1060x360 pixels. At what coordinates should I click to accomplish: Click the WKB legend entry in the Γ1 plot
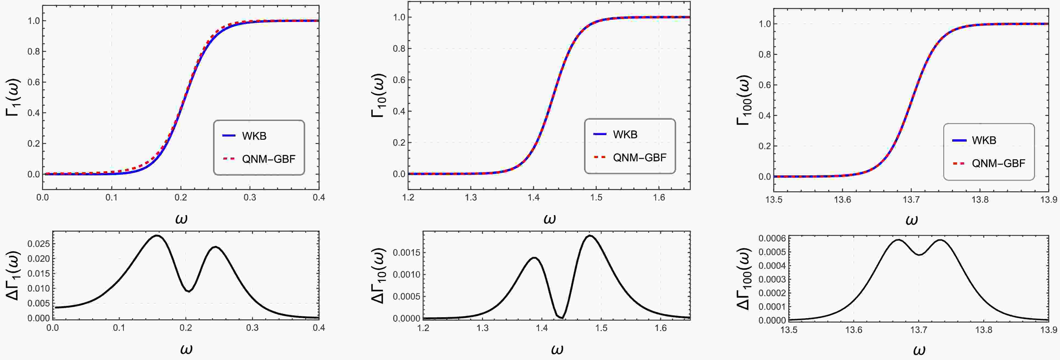click(254, 136)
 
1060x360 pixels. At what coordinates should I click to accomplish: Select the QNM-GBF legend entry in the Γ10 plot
click(639, 157)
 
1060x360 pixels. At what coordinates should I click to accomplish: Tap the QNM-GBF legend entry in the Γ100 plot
click(998, 163)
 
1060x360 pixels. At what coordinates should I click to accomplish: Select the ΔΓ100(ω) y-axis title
click(744, 279)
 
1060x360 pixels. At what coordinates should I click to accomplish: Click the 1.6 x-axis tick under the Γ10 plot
click(659, 198)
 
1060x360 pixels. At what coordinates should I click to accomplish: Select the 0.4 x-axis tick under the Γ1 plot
click(318, 198)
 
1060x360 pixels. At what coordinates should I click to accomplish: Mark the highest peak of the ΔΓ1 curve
click(156, 236)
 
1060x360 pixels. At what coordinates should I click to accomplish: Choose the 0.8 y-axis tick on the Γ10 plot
click(399, 49)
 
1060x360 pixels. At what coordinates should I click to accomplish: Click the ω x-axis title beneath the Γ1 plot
click(181, 218)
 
